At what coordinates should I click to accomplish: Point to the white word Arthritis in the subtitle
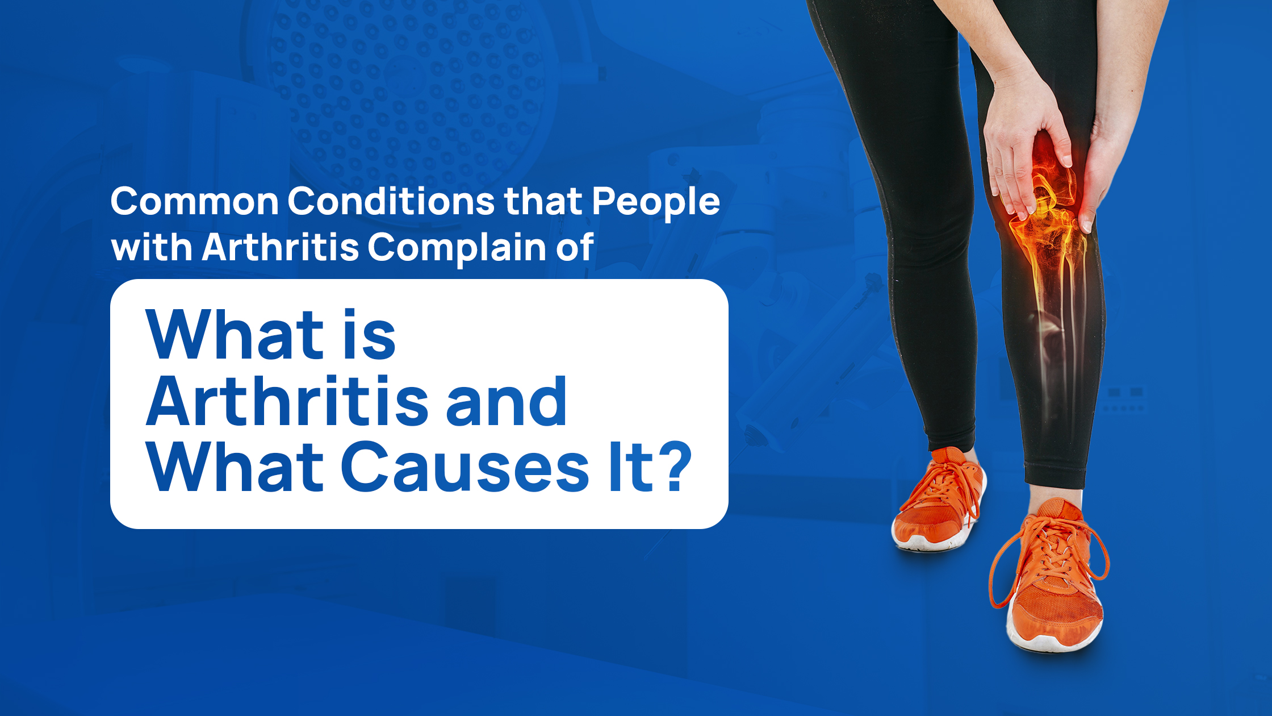tap(281, 248)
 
